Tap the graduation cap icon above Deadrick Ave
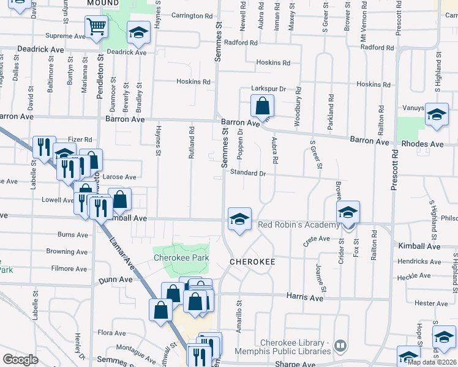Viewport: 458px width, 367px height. coord(138,32)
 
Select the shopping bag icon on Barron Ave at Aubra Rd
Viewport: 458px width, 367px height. coord(262,106)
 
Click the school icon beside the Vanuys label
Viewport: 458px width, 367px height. coord(437,115)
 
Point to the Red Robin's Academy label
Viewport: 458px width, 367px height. coord(298,224)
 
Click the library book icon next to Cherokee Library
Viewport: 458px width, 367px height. coord(340,347)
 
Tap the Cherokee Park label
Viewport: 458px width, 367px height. coord(181,258)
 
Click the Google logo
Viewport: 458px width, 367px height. coord(20,360)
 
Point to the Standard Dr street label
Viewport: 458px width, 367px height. coord(247,173)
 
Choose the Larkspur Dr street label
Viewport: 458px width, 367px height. coord(270,89)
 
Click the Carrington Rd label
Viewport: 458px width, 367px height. coord(192,15)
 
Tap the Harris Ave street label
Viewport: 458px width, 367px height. coord(304,297)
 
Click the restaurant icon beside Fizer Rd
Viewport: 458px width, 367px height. coord(44,147)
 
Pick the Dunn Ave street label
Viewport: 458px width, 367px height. coord(115,279)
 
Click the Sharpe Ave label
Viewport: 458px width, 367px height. coord(294,364)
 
